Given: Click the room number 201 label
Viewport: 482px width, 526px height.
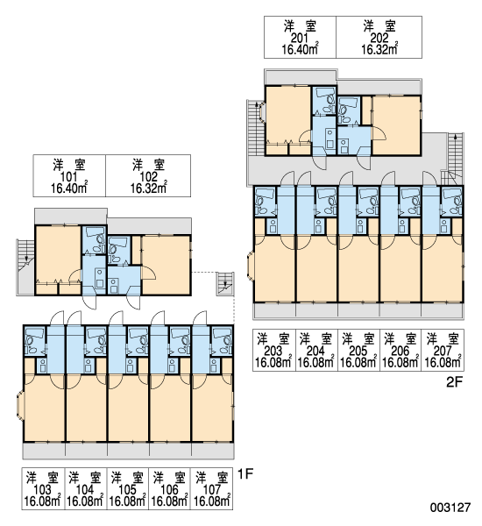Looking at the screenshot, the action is tap(299, 39).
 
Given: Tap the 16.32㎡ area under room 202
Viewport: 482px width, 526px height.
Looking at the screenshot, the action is tap(379, 49).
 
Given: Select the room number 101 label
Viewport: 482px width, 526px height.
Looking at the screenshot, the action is tap(68, 177).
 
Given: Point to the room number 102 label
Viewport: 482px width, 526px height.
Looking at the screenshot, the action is tap(148, 177).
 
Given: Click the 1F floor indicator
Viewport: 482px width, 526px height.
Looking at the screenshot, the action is tap(245, 474).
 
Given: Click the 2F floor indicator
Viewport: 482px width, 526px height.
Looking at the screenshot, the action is tap(455, 382).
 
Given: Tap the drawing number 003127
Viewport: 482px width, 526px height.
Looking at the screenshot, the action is tap(450, 508).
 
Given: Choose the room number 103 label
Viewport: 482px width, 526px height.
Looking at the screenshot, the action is tap(43, 490).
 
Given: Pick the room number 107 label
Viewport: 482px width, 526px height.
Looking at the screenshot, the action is tap(212, 490).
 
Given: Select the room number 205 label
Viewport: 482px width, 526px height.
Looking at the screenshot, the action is tap(358, 352).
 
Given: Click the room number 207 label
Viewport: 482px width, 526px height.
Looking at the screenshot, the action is tap(443, 352).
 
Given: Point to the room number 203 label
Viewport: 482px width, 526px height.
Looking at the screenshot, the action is tap(273, 352).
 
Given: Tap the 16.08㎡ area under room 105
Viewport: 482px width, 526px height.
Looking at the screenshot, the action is tap(127, 501).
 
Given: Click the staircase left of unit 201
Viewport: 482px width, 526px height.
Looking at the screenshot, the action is tap(256, 127).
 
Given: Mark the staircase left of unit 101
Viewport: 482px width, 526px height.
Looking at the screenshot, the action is tap(25, 267).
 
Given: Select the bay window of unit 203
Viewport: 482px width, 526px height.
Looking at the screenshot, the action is tap(251, 267).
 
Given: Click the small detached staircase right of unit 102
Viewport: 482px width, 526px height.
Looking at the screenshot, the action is tap(225, 283).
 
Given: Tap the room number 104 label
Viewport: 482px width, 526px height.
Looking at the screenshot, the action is tap(85, 490).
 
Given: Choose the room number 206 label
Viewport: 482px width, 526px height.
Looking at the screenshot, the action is tap(400, 352).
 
